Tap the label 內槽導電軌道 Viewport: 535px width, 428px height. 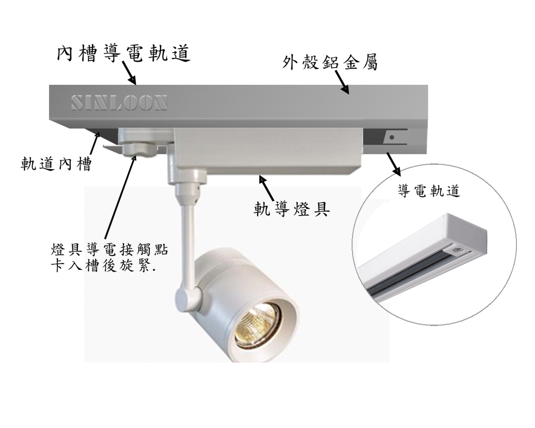coord(124,53)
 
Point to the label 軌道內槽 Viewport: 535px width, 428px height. coord(57,164)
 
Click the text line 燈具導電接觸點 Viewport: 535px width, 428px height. coord(110,250)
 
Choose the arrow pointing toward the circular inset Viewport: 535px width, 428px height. coord(394,163)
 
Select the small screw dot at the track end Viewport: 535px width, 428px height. coord(392,137)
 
